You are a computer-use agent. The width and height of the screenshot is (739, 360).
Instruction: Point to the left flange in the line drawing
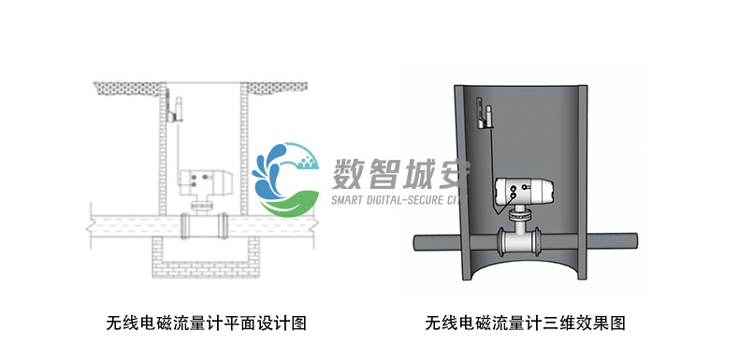tap(186, 225)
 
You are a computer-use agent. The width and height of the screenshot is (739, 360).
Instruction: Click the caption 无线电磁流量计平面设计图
tap(207, 324)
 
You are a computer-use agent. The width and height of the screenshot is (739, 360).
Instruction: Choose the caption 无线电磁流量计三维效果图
tap(525, 324)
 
